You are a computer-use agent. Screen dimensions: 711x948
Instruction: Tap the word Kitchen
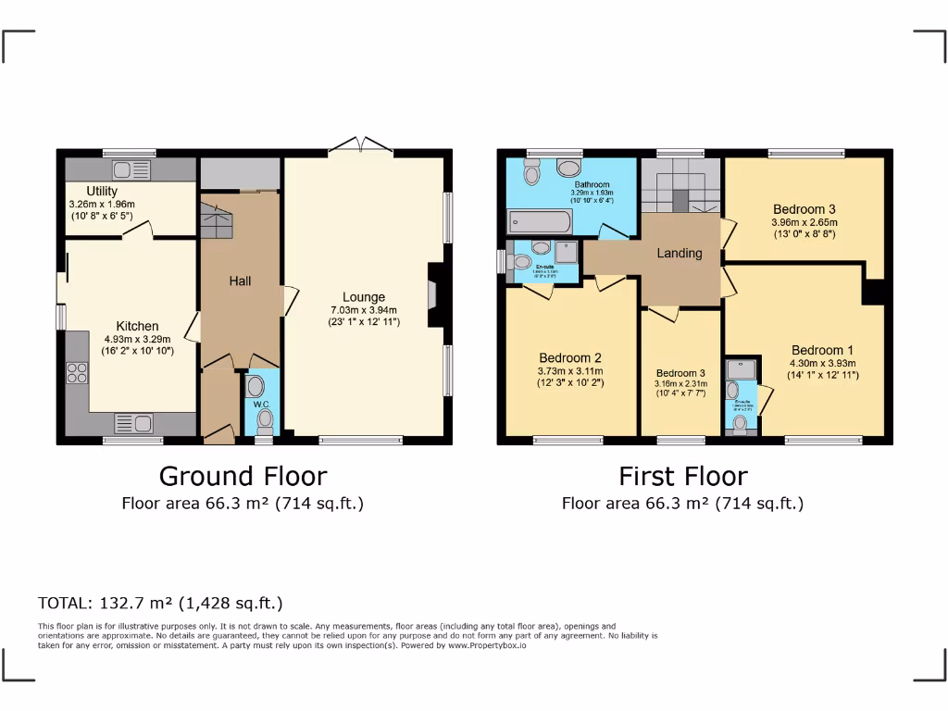click(137, 326)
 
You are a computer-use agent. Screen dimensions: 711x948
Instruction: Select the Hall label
click(241, 281)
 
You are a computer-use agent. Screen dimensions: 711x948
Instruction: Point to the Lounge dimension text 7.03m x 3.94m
click(364, 310)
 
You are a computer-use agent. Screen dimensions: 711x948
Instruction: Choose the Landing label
click(680, 253)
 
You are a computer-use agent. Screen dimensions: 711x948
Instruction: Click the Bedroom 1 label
click(822, 350)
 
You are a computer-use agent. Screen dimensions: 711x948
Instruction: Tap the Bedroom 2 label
click(571, 358)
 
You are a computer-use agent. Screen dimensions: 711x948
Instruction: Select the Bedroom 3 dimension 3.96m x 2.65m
click(804, 222)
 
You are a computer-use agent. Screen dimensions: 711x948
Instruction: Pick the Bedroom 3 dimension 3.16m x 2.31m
click(680, 382)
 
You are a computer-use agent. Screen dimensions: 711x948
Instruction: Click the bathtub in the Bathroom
click(541, 222)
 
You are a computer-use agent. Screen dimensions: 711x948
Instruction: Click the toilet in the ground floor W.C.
click(266, 419)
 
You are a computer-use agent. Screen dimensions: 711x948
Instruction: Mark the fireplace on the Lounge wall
click(433, 294)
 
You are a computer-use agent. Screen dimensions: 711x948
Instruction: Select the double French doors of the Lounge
click(361, 144)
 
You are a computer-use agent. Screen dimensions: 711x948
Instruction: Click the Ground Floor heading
click(243, 476)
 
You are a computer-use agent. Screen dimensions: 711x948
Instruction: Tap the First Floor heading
click(682, 476)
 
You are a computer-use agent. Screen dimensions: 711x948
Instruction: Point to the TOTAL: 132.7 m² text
click(160, 603)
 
